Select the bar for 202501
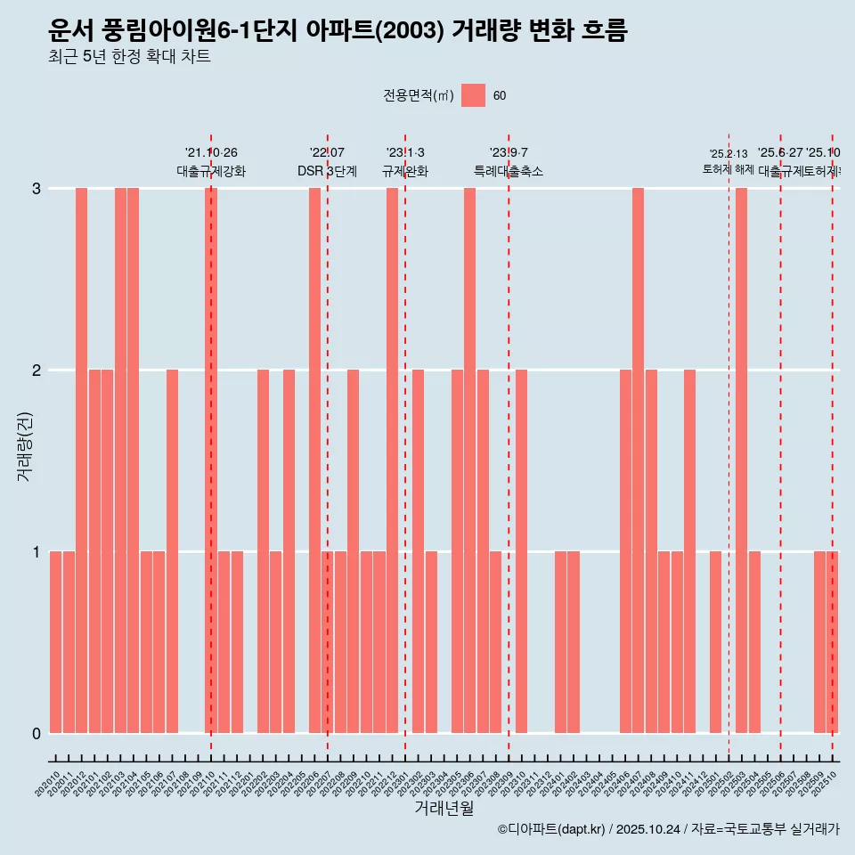(715, 642)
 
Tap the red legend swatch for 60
(473, 95)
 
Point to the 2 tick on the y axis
(37, 370)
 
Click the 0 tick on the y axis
(37, 733)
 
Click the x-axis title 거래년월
(444, 807)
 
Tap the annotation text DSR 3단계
(327, 171)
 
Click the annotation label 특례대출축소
(508, 171)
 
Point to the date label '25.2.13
(728, 154)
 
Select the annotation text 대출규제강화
(211, 171)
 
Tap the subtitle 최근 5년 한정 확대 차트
(129, 57)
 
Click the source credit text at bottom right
(668, 829)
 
